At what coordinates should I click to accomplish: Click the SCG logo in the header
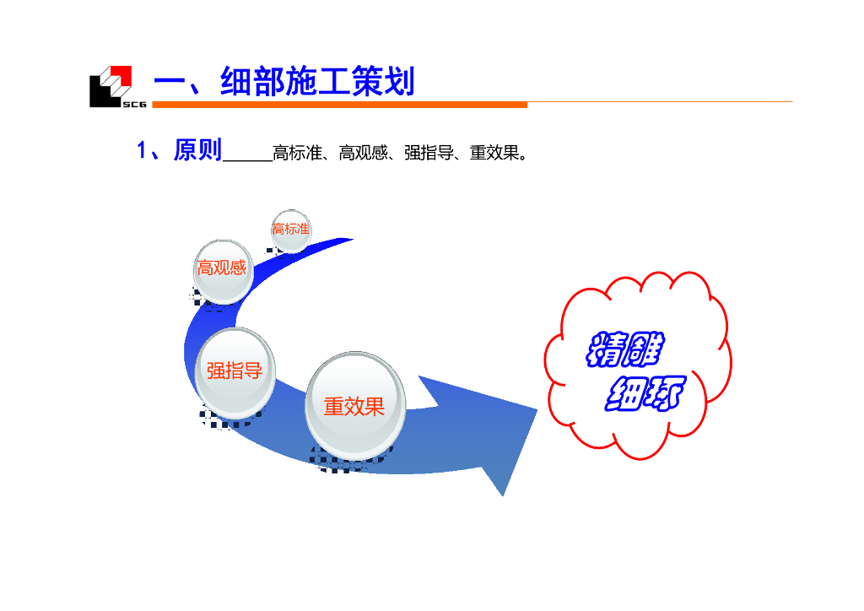(x=111, y=86)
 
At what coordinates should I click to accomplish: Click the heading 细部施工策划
(x=317, y=83)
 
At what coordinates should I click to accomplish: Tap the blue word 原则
(x=197, y=151)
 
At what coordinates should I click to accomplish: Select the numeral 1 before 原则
(x=143, y=151)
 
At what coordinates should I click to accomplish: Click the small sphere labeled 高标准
(x=291, y=230)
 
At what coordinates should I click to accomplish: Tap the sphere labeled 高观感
(x=223, y=270)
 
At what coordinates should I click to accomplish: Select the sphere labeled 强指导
(x=235, y=371)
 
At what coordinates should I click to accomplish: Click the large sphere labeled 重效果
(x=354, y=406)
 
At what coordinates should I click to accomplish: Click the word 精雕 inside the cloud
(x=625, y=350)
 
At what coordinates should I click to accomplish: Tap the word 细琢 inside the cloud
(x=645, y=393)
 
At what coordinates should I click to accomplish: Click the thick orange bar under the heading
(x=337, y=105)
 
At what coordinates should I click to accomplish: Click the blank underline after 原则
(x=246, y=158)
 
